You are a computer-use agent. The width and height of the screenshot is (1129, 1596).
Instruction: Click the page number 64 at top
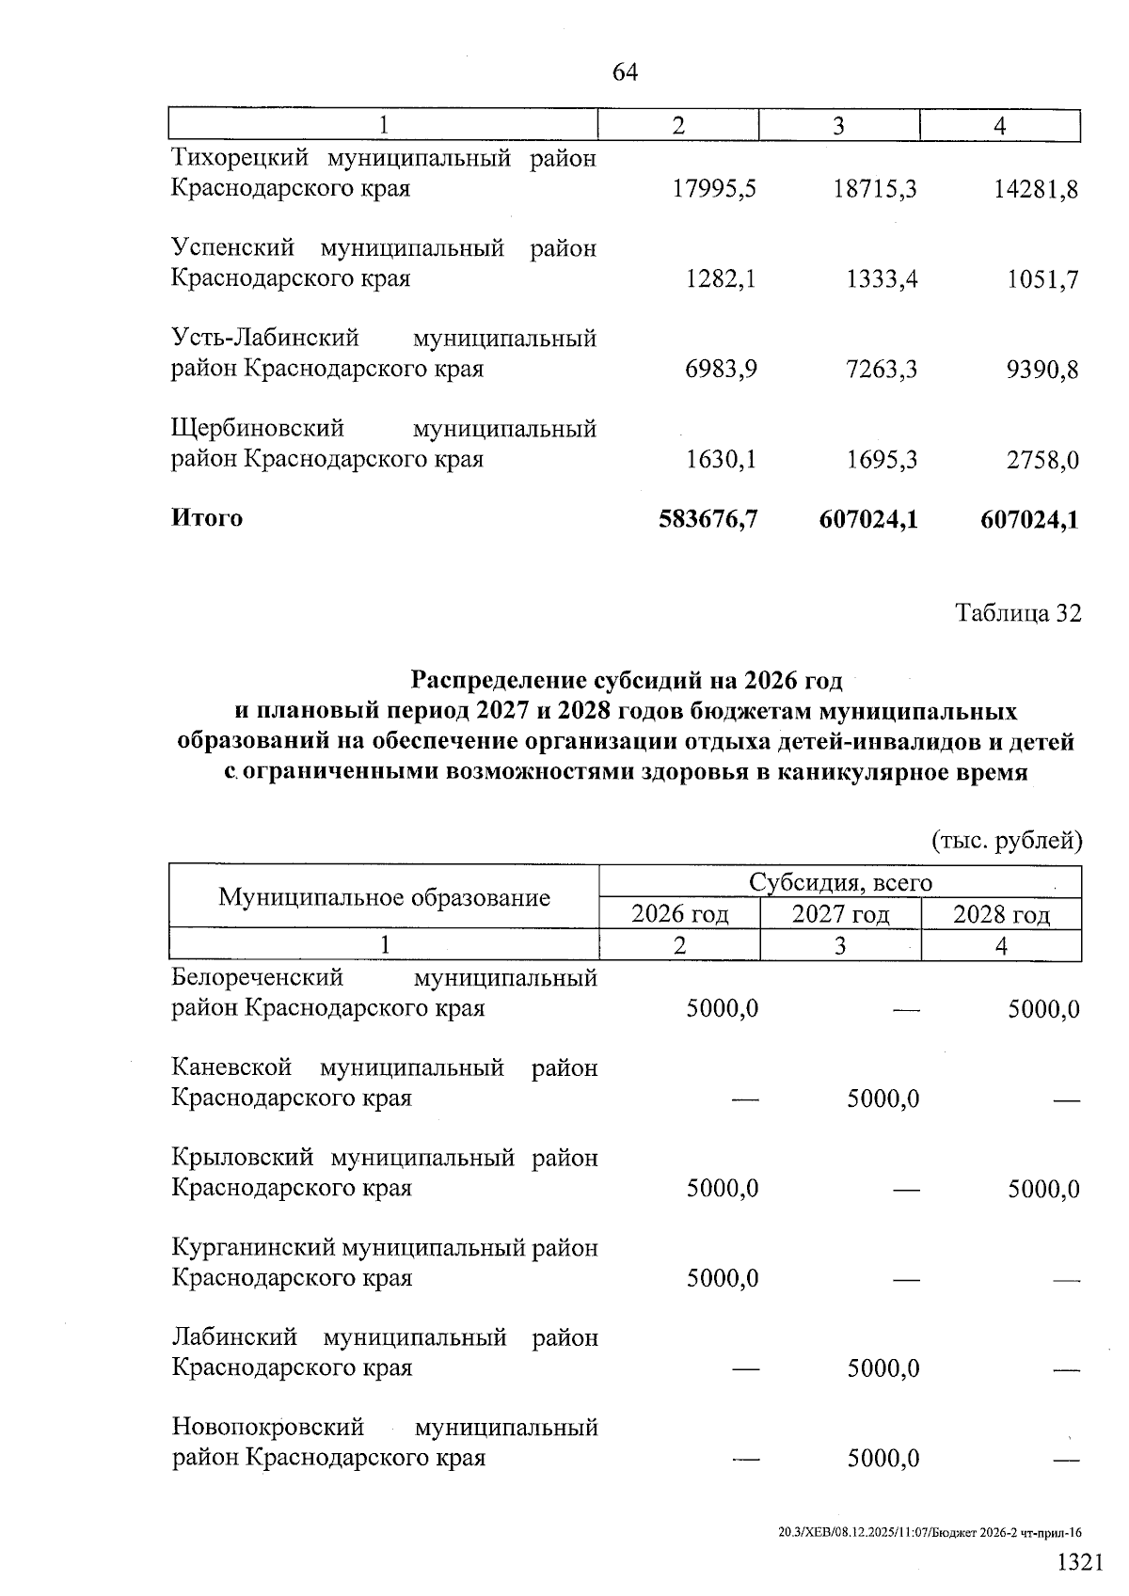tap(625, 72)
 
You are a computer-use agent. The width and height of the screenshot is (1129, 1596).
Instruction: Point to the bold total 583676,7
tap(708, 519)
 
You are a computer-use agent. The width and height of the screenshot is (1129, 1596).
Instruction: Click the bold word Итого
tap(207, 518)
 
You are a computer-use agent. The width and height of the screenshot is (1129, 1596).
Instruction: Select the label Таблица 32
tap(1018, 614)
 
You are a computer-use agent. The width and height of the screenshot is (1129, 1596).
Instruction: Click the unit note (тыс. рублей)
tap(1006, 840)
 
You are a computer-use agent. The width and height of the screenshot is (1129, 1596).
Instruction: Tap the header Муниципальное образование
tap(384, 897)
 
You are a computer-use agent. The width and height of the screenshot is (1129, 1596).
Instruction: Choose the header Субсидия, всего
tap(840, 882)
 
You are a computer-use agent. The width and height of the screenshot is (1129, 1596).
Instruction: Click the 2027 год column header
tap(840, 914)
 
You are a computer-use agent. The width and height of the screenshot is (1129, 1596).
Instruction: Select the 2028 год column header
tap(1001, 914)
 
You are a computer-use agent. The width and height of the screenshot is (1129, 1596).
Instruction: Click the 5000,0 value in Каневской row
tap(883, 1099)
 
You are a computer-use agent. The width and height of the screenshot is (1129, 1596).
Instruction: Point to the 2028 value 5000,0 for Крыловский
tap(1043, 1190)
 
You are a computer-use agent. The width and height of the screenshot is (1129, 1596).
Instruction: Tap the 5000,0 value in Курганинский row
tap(723, 1279)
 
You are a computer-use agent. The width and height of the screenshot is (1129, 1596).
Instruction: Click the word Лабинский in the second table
tap(234, 1337)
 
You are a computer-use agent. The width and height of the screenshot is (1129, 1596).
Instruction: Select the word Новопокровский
tap(267, 1428)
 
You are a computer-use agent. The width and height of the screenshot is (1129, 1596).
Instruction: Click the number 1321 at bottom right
tap(1079, 1562)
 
